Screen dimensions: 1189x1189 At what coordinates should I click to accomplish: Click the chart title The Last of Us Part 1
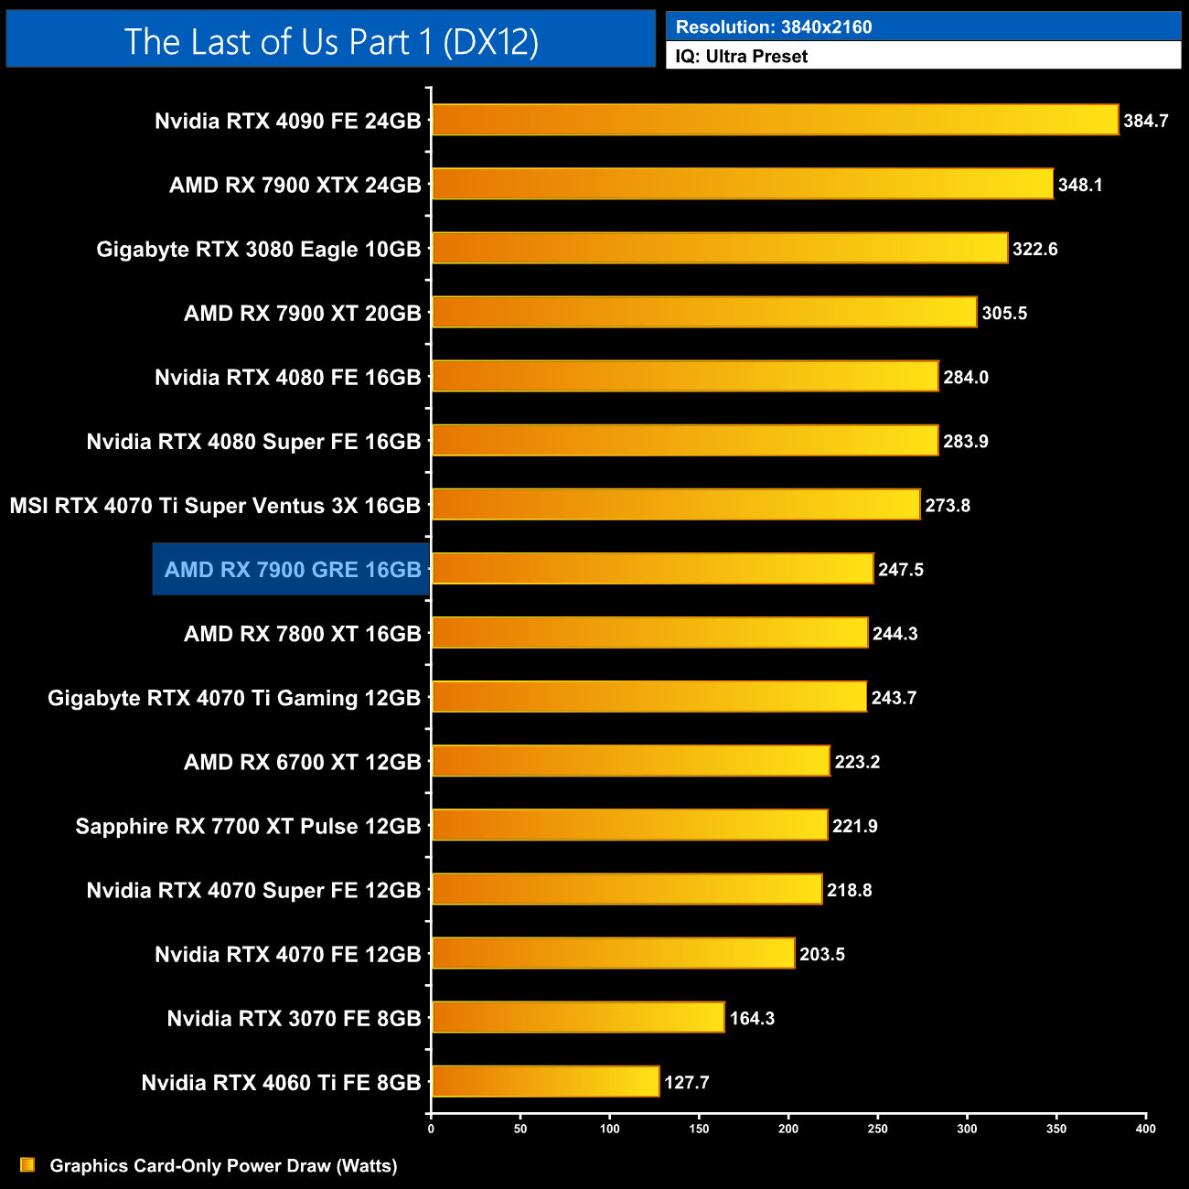pyautogui.click(x=331, y=41)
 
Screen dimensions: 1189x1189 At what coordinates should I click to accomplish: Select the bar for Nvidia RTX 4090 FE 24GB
pyautogui.click(x=775, y=120)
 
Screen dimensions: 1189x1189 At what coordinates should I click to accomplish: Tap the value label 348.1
pyautogui.click(x=1080, y=185)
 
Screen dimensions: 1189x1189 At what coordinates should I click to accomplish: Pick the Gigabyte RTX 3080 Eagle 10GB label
pyautogui.click(x=259, y=249)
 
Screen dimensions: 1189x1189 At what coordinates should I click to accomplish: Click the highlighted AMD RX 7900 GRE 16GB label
pyautogui.click(x=292, y=570)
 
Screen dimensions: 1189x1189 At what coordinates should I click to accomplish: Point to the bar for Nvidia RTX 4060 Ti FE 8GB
pyautogui.click(x=545, y=1081)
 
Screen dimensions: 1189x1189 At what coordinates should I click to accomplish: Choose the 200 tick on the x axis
pyautogui.click(x=788, y=1129)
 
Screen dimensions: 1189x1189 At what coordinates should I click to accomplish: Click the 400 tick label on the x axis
pyautogui.click(x=1145, y=1129)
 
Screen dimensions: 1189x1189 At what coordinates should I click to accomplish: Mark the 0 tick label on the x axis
pyautogui.click(x=431, y=1129)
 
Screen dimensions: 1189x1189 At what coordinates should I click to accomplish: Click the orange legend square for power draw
pyautogui.click(x=27, y=1165)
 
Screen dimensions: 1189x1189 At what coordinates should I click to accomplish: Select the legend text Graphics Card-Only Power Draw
pyautogui.click(x=223, y=1166)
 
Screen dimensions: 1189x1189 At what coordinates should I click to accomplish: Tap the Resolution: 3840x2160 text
pyautogui.click(x=774, y=27)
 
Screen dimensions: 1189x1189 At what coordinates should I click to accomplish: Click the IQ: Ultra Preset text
pyautogui.click(x=742, y=57)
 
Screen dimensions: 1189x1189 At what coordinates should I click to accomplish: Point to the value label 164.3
pyautogui.click(x=752, y=1018)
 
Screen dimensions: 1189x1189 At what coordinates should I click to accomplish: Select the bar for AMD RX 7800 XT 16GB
pyautogui.click(x=649, y=633)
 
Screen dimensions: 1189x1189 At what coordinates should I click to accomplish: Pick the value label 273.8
pyautogui.click(x=948, y=506)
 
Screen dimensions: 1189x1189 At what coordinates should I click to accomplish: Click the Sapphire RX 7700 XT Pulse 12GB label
pyautogui.click(x=248, y=826)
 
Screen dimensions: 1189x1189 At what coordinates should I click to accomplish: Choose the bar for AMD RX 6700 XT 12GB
pyautogui.click(x=630, y=761)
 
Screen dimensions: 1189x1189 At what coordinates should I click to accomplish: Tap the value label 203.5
pyautogui.click(x=822, y=954)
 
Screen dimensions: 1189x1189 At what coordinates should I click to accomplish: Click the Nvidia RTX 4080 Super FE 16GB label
pyautogui.click(x=253, y=442)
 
